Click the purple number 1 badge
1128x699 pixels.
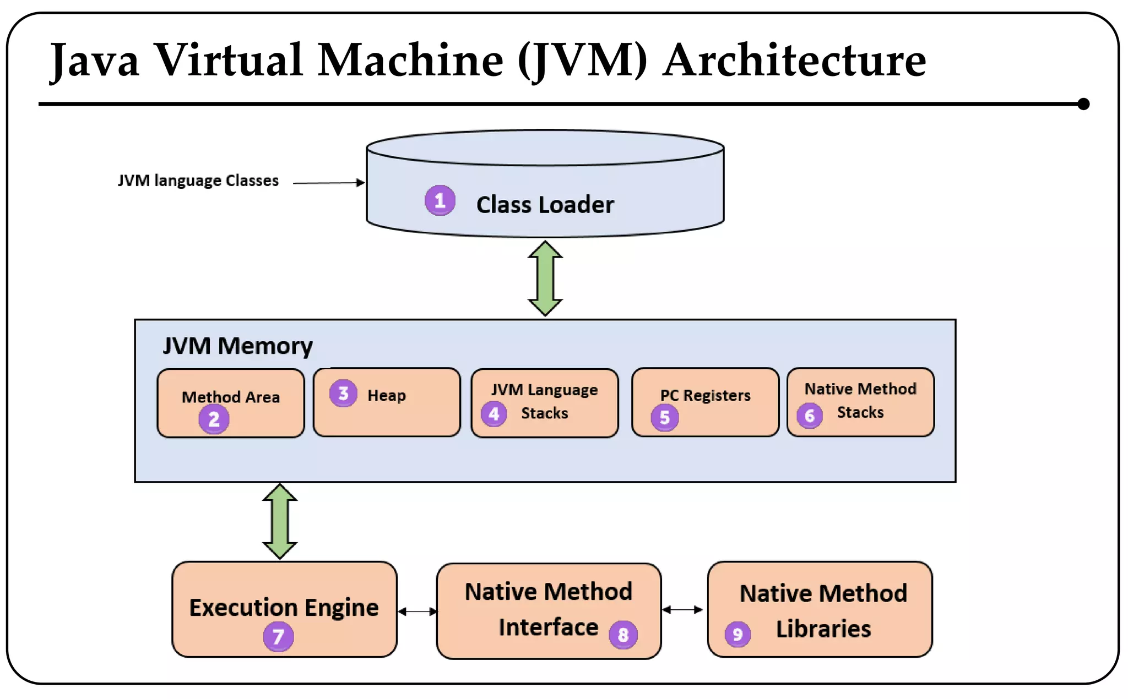coord(440,200)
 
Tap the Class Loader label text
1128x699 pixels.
coord(545,205)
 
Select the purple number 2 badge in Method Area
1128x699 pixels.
coord(214,419)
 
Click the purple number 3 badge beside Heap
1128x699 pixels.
coord(343,393)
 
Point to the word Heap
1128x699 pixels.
coord(387,395)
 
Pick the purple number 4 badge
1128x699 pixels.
coord(493,413)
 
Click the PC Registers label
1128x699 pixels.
coord(705,395)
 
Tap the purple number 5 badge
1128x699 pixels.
coord(664,417)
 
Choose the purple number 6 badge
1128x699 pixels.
coord(809,416)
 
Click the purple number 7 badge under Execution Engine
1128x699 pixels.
coord(278,636)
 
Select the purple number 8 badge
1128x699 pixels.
coord(623,635)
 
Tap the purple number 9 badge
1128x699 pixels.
coord(737,635)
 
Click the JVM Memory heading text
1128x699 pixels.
coord(237,346)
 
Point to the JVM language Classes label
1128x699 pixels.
coord(198,181)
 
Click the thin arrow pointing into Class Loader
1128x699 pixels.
coord(328,183)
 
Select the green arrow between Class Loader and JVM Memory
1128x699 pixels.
coord(545,278)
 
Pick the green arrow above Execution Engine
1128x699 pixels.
coord(280,521)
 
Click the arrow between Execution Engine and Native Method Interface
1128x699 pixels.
coord(417,611)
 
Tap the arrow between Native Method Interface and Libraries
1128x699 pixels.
coord(682,609)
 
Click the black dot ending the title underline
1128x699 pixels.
coord(1083,103)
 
